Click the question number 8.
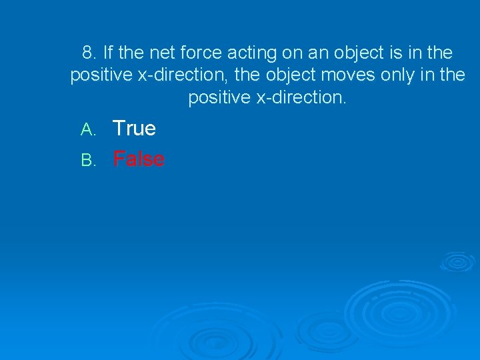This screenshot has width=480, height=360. click(x=89, y=53)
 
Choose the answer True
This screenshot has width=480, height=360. click(x=134, y=128)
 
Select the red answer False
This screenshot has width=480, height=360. click(x=139, y=159)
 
